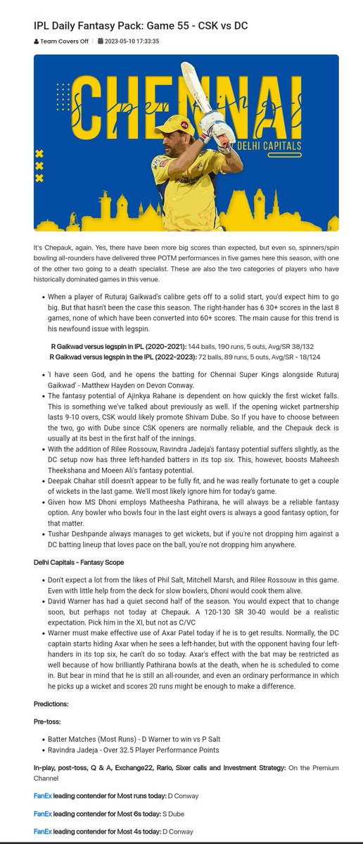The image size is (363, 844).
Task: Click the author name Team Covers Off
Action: tap(63, 41)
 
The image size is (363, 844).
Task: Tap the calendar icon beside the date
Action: tap(101, 41)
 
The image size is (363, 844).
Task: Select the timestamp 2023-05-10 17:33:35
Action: tap(133, 41)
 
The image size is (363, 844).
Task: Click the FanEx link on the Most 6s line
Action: tap(42, 813)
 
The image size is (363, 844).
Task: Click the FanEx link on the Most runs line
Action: tap(42, 795)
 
